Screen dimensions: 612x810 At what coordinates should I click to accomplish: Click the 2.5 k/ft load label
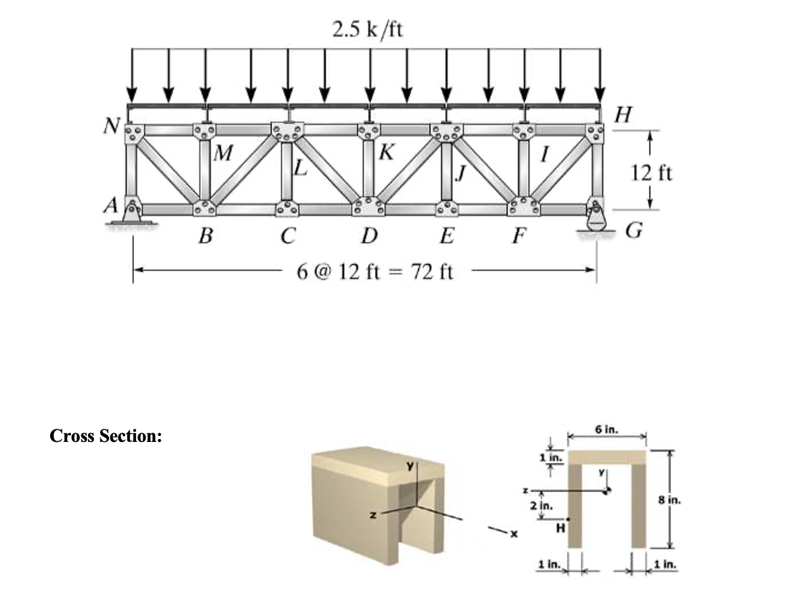(x=367, y=30)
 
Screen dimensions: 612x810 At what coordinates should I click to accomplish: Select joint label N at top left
(x=111, y=126)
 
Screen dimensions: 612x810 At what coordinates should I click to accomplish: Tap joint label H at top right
(x=623, y=114)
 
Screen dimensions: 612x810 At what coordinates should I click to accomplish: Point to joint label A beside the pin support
(x=113, y=206)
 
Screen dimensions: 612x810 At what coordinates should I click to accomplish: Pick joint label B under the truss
(x=206, y=236)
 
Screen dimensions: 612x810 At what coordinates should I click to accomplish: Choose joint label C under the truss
(x=289, y=236)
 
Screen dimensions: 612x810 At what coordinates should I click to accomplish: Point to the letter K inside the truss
(x=388, y=153)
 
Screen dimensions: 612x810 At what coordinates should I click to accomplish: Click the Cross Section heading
(x=106, y=436)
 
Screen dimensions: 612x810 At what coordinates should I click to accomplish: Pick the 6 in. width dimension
(x=606, y=430)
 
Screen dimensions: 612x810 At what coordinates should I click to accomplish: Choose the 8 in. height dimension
(x=669, y=499)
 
